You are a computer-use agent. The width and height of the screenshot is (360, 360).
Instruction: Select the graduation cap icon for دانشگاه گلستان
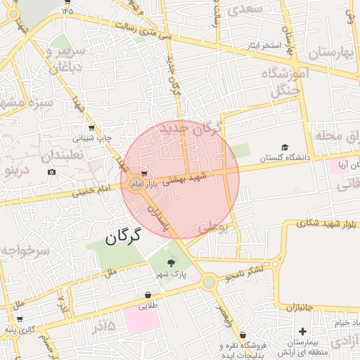284,147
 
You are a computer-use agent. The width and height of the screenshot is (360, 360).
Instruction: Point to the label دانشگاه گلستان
284,157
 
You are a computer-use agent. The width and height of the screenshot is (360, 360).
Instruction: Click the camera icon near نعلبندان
51,172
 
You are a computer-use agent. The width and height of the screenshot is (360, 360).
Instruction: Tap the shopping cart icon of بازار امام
144,173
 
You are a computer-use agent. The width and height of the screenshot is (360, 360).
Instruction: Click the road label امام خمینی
87,190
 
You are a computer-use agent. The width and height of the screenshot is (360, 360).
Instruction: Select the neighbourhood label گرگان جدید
191,129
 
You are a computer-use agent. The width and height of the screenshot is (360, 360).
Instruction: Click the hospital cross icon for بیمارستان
302,331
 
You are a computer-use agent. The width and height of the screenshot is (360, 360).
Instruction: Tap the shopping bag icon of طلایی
148,295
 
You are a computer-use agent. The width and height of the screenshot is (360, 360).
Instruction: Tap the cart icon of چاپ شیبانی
91,129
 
